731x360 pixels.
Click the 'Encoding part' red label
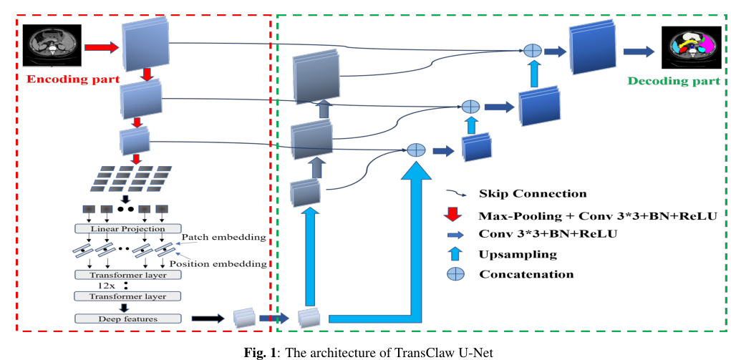tap(73, 79)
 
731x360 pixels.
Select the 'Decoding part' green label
tap(673, 81)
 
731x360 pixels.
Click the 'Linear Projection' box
tap(127, 229)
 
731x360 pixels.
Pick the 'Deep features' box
tap(127, 318)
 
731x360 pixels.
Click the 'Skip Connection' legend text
tap(533, 193)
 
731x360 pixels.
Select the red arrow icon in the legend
tap(452, 214)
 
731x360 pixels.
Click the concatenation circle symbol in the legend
tap(452, 274)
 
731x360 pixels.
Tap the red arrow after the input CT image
tap(100, 48)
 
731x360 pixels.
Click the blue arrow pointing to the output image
tap(639, 51)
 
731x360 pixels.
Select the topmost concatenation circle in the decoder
tap(531, 51)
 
